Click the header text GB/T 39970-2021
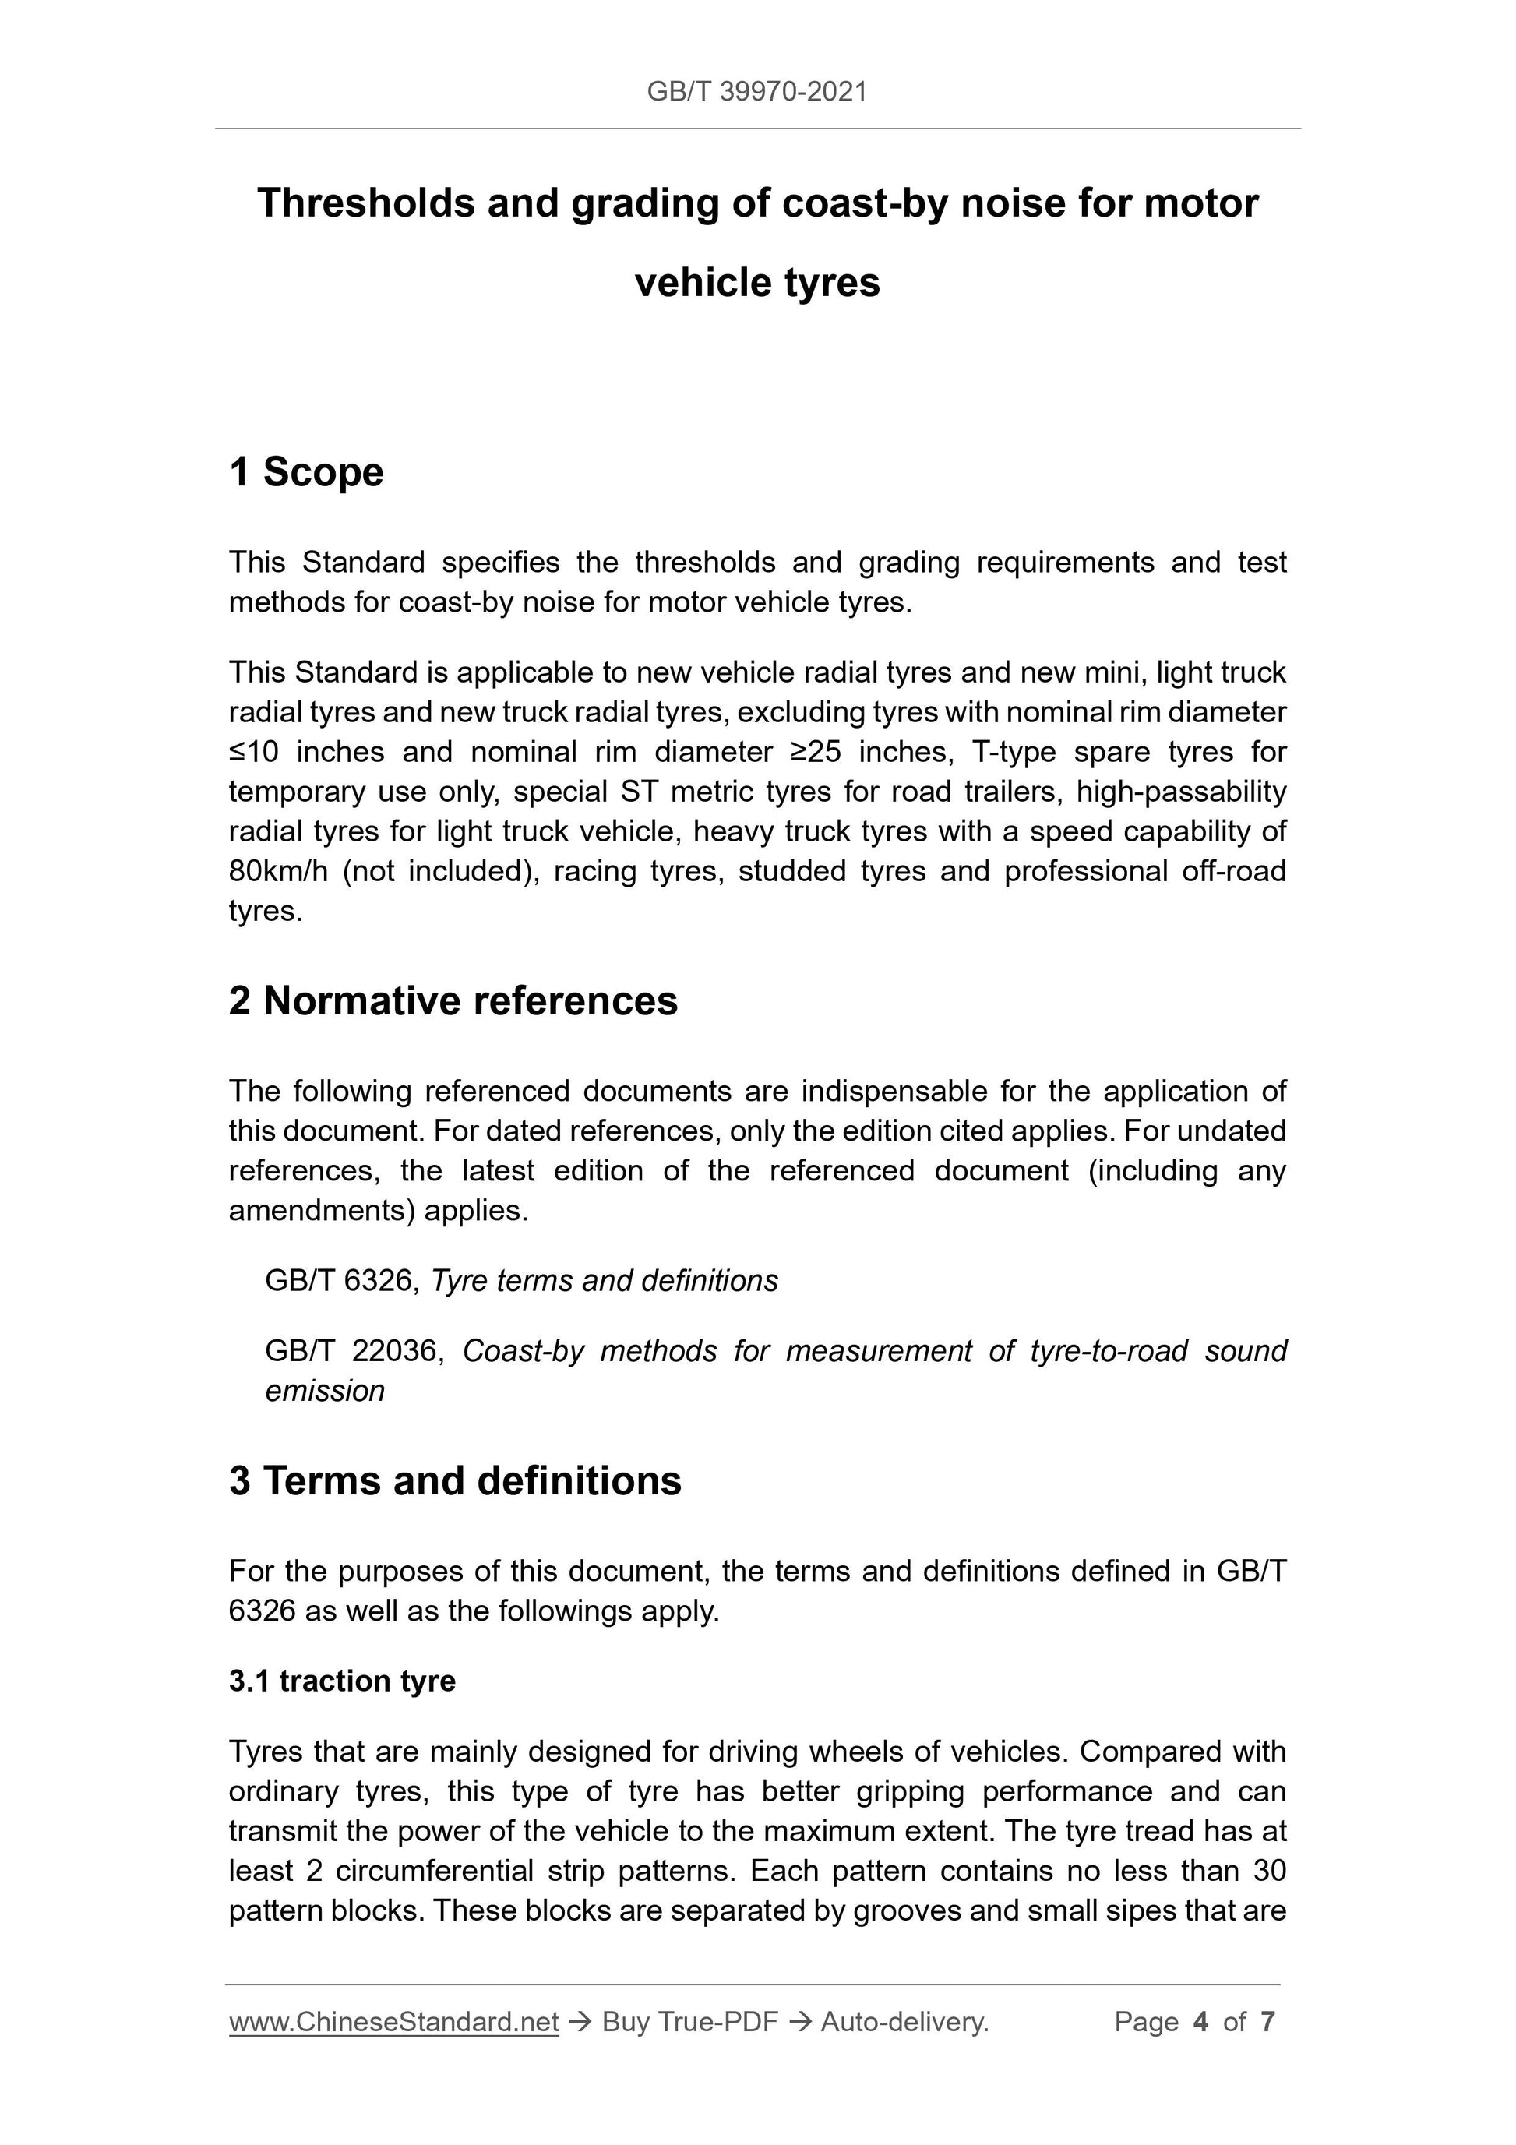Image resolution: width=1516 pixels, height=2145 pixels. click(x=756, y=92)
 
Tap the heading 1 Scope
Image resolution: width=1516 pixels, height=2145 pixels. click(x=305, y=472)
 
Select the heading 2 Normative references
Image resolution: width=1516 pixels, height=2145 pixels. click(x=453, y=1000)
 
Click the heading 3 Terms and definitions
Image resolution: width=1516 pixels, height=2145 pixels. click(x=455, y=1480)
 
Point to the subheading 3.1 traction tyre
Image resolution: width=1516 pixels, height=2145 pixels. click(x=342, y=1681)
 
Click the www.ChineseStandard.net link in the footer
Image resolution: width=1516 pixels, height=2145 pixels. click(x=393, y=2022)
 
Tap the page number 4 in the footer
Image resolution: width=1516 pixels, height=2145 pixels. click(x=1200, y=2022)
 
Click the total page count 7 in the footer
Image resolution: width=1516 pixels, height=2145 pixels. click(x=1267, y=2022)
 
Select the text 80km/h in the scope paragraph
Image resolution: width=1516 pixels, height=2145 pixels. click(x=278, y=871)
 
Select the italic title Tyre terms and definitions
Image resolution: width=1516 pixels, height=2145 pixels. click(x=605, y=1281)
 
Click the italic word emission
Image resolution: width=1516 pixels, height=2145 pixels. click(x=324, y=1391)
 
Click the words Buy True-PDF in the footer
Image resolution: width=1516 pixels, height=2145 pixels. click(x=689, y=2022)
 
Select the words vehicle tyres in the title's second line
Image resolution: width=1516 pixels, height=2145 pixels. click(x=756, y=283)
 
